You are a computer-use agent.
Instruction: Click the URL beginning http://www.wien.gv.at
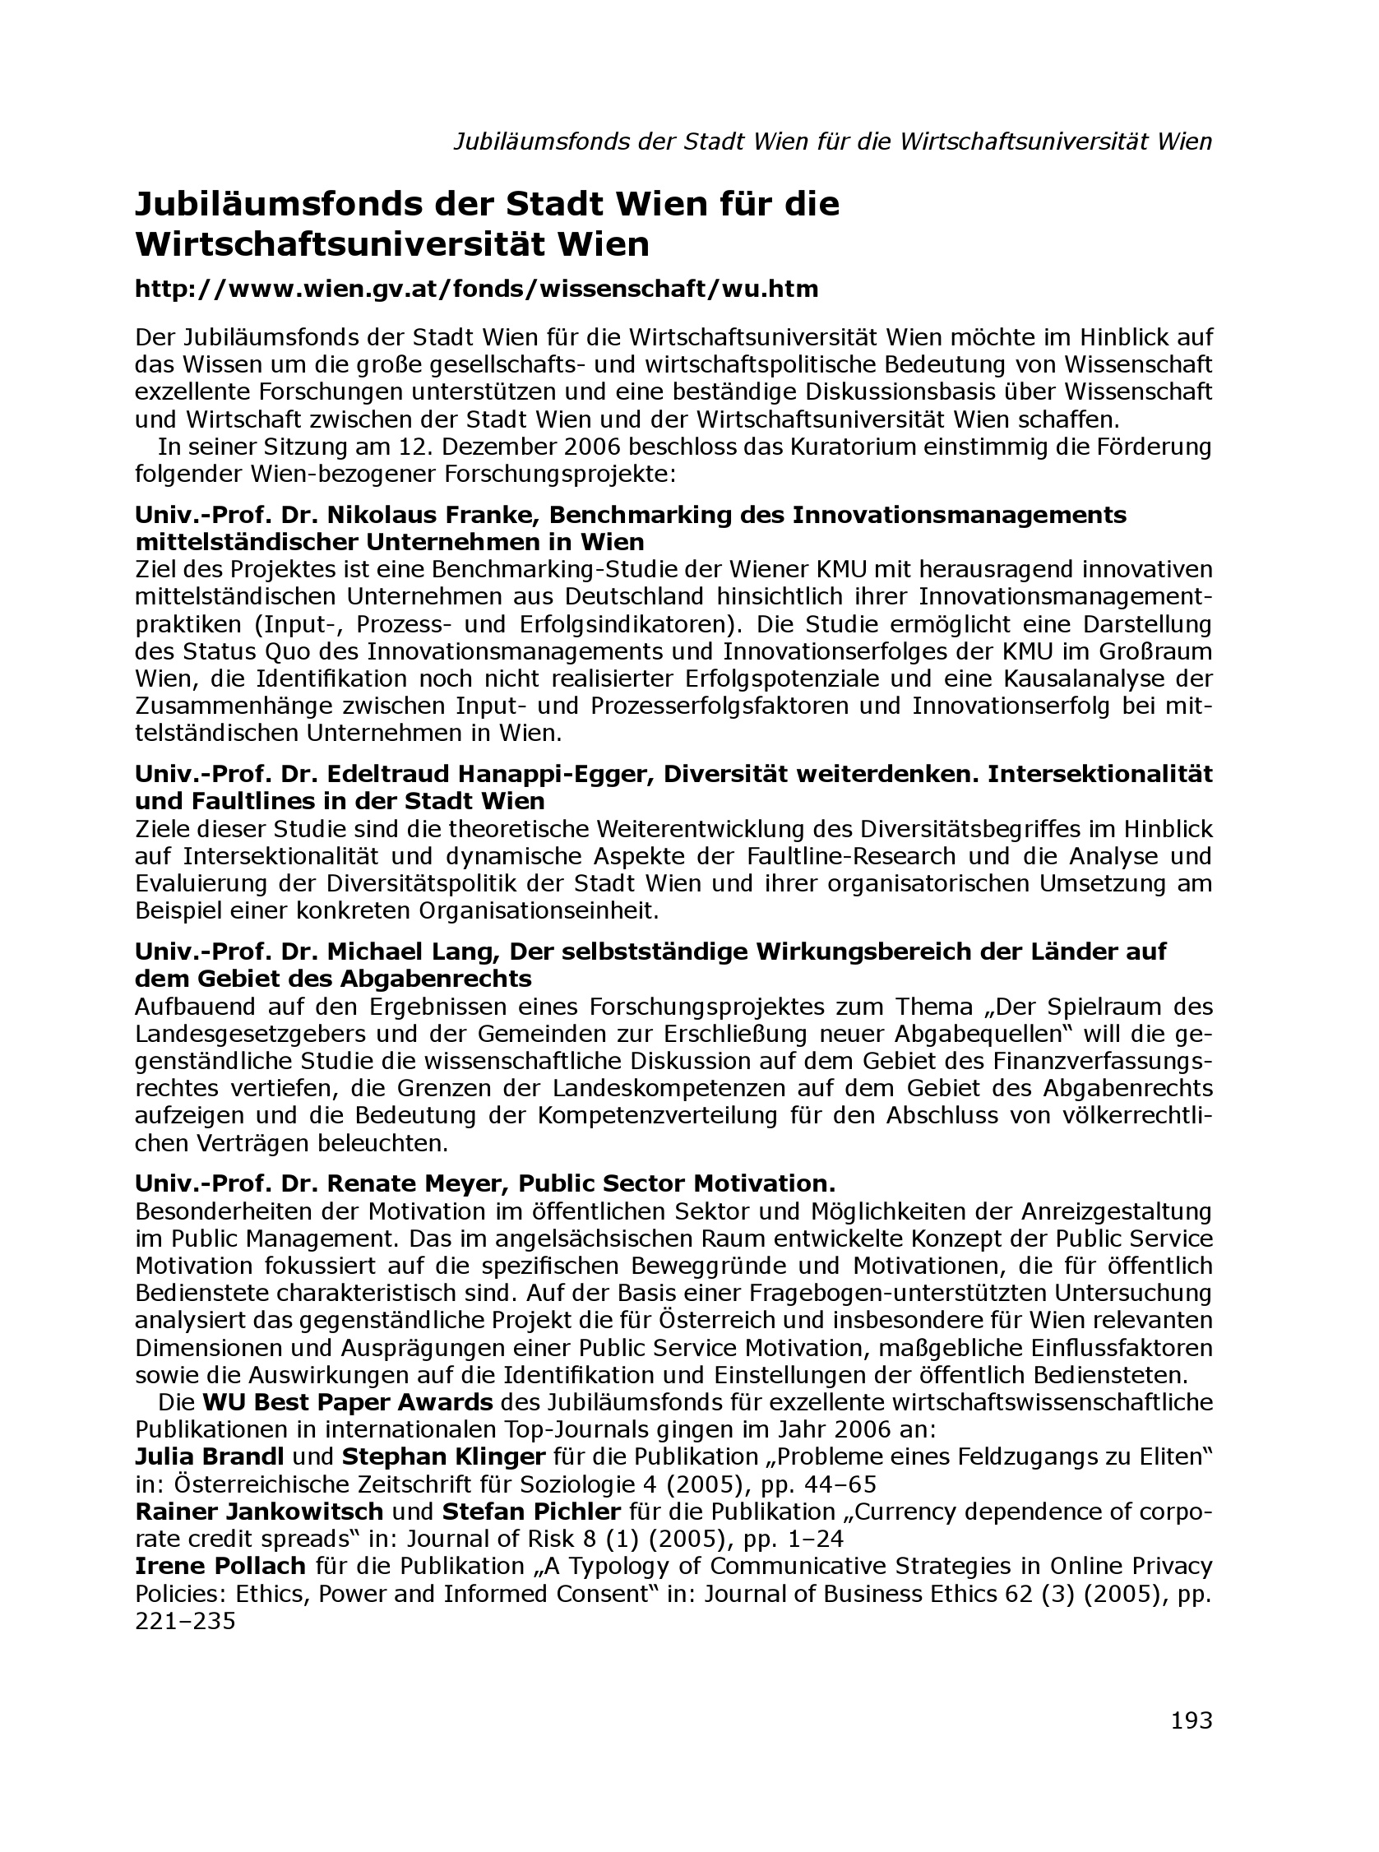(x=477, y=289)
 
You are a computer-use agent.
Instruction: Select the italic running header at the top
(x=832, y=141)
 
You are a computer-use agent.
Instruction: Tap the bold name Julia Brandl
(x=210, y=1456)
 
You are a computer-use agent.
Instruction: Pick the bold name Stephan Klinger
(x=443, y=1456)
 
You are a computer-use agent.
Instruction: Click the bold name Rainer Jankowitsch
(x=259, y=1512)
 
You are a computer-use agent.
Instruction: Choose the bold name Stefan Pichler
(x=531, y=1512)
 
